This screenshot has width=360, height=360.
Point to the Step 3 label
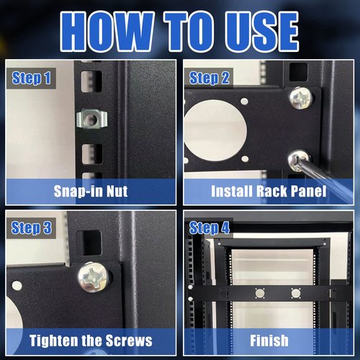coord(32,228)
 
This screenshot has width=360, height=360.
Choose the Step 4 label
coord(210,228)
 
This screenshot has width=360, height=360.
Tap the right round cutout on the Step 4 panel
coord(294,294)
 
